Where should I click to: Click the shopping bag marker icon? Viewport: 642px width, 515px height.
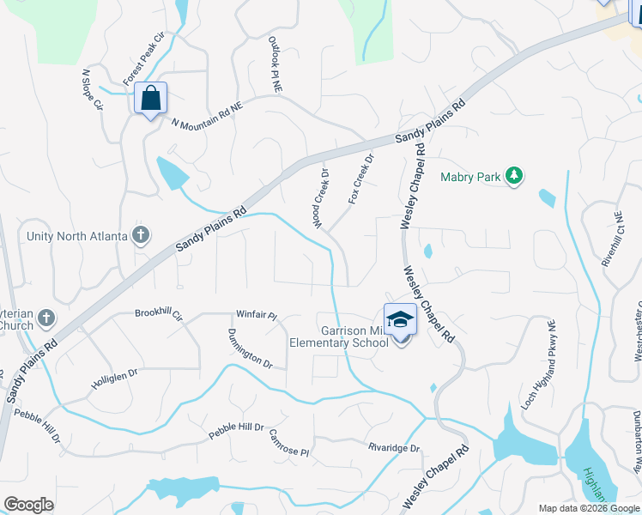pyautogui.click(x=151, y=99)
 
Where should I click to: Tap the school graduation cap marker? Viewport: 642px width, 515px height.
pyautogui.click(x=400, y=321)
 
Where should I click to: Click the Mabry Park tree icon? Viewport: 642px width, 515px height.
pyautogui.click(x=514, y=176)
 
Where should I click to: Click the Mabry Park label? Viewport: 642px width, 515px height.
pyautogui.click(x=470, y=178)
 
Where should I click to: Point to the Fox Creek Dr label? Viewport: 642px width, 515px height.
pyautogui.click(x=361, y=179)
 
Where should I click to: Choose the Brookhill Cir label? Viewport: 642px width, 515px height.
pyautogui.click(x=159, y=314)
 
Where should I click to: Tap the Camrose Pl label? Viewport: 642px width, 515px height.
pyautogui.click(x=288, y=443)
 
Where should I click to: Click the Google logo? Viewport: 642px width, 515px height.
pyautogui.click(x=28, y=505)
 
